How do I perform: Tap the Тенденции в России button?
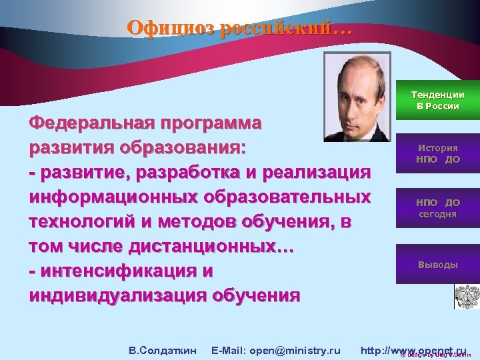click(437, 101)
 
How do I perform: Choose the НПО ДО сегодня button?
click(437, 208)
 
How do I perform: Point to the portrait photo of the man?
click(357, 97)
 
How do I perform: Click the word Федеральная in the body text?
click(87, 123)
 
